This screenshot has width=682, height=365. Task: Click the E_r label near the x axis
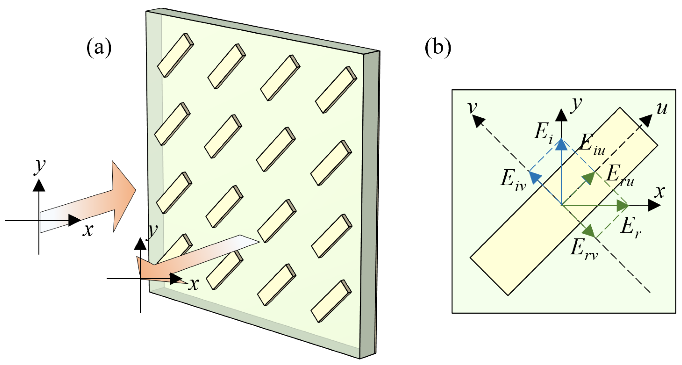tap(630, 228)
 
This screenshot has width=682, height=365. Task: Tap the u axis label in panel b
tap(662, 109)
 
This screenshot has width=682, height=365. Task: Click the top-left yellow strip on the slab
tap(176, 55)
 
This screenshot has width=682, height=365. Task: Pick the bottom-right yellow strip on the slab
tap(331, 301)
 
